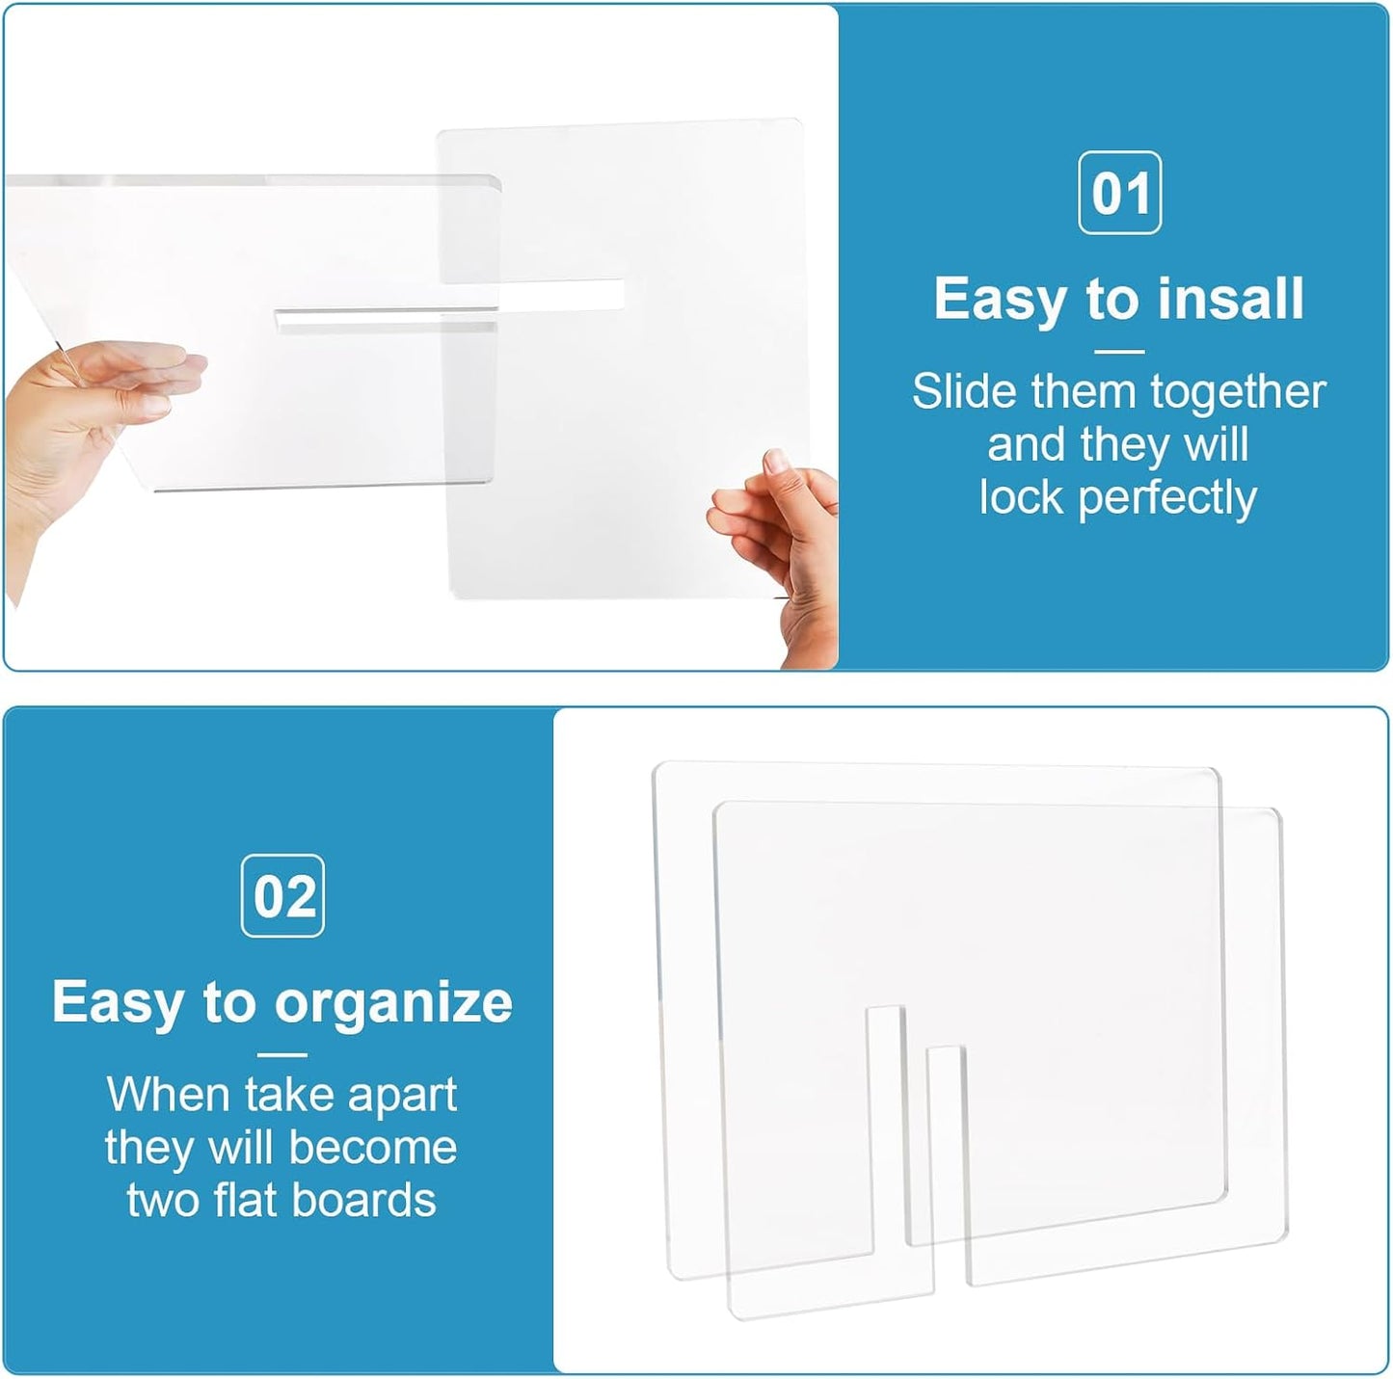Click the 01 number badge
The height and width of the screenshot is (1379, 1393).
tap(1119, 193)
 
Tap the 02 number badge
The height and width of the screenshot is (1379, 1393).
tap(281, 896)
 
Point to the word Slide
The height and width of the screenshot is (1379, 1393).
tap(965, 391)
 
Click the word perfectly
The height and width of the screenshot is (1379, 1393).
tap(1167, 499)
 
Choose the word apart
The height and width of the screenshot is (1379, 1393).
tap(402, 1096)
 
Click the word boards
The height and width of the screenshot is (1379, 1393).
tap(364, 1201)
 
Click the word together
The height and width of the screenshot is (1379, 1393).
tap(1239, 393)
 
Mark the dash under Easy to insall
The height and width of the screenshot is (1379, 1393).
tap(1120, 352)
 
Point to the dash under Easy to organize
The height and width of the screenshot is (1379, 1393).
tap(281, 1055)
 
